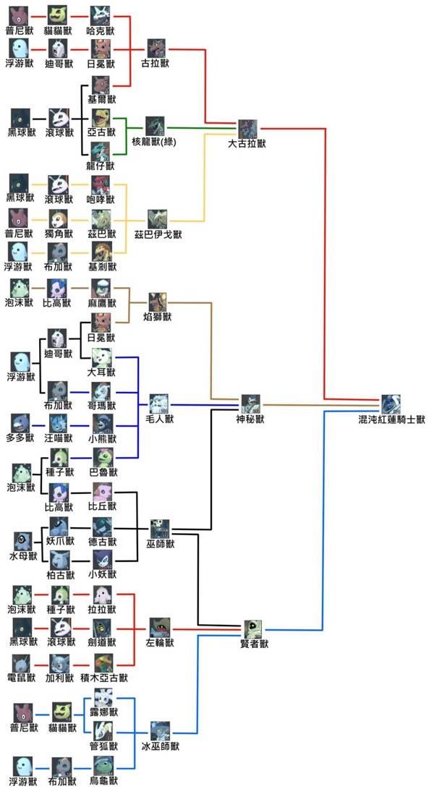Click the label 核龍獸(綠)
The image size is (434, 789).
click(x=154, y=142)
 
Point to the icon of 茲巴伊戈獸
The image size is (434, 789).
click(x=157, y=218)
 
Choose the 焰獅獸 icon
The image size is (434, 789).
click(x=158, y=302)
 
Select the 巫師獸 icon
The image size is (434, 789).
click(x=160, y=528)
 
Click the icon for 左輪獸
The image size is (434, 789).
click(x=160, y=626)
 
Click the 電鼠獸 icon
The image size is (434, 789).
click(x=22, y=662)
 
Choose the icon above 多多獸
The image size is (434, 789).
click(x=20, y=422)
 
